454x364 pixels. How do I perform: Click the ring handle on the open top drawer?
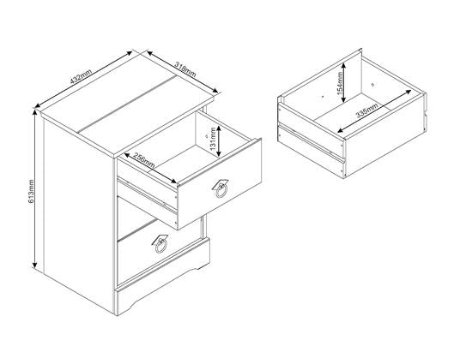click(x=220, y=188)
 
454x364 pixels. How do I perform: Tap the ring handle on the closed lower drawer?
click(x=160, y=245)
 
